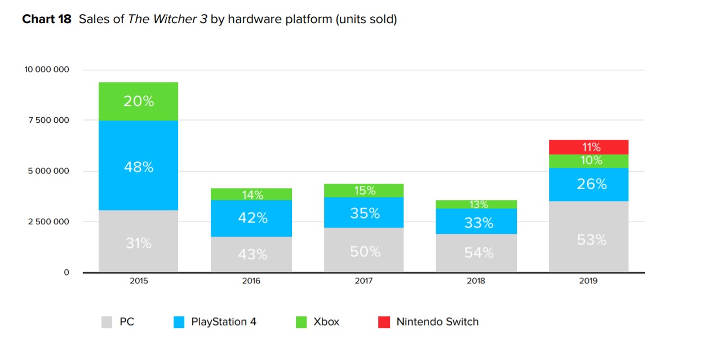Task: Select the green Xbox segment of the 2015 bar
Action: click(x=139, y=101)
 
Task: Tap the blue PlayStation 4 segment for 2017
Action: click(x=364, y=213)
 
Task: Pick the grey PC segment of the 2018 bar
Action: click(x=477, y=253)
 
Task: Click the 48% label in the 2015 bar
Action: click(x=139, y=167)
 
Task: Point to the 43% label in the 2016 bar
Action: click(x=252, y=255)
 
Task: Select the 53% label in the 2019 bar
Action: click(x=591, y=240)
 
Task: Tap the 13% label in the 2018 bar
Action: click(x=479, y=205)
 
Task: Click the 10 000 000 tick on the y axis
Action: click(x=46, y=70)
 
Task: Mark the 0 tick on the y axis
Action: click(x=66, y=272)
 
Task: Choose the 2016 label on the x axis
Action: click(x=251, y=281)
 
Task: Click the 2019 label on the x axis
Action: click(x=588, y=281)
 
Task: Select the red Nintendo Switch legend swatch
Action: click(x=384, y=322)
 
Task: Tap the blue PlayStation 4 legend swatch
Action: click(x=178, y=322)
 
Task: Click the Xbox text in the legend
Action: click(x=326, y=322)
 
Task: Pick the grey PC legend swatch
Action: click(x=107, y=322)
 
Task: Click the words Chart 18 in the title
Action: click(x=47, y=20)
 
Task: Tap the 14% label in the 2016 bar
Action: click(x=253, y=195)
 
